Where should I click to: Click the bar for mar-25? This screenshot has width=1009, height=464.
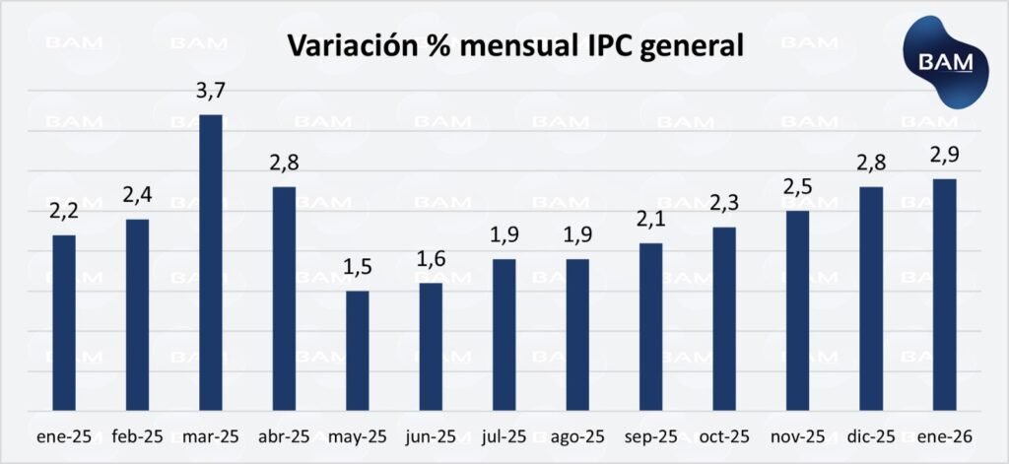211,263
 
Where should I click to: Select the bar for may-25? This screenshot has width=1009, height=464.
358,351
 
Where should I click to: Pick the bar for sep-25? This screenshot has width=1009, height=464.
650,327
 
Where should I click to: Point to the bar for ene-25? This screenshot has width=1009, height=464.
64,323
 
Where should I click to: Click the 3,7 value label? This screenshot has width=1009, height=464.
212,93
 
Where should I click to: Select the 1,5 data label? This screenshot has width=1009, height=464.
358,269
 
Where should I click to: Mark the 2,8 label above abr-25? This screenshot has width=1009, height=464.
285,164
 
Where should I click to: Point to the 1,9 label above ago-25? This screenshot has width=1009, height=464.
576,237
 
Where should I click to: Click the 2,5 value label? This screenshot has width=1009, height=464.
799,188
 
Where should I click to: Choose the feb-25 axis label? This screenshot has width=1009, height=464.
137,436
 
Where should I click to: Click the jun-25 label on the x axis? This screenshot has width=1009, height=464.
431,436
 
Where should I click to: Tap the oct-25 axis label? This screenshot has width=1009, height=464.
724,436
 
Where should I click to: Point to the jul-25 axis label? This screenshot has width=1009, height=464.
504,436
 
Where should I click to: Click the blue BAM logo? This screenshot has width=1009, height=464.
945,63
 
